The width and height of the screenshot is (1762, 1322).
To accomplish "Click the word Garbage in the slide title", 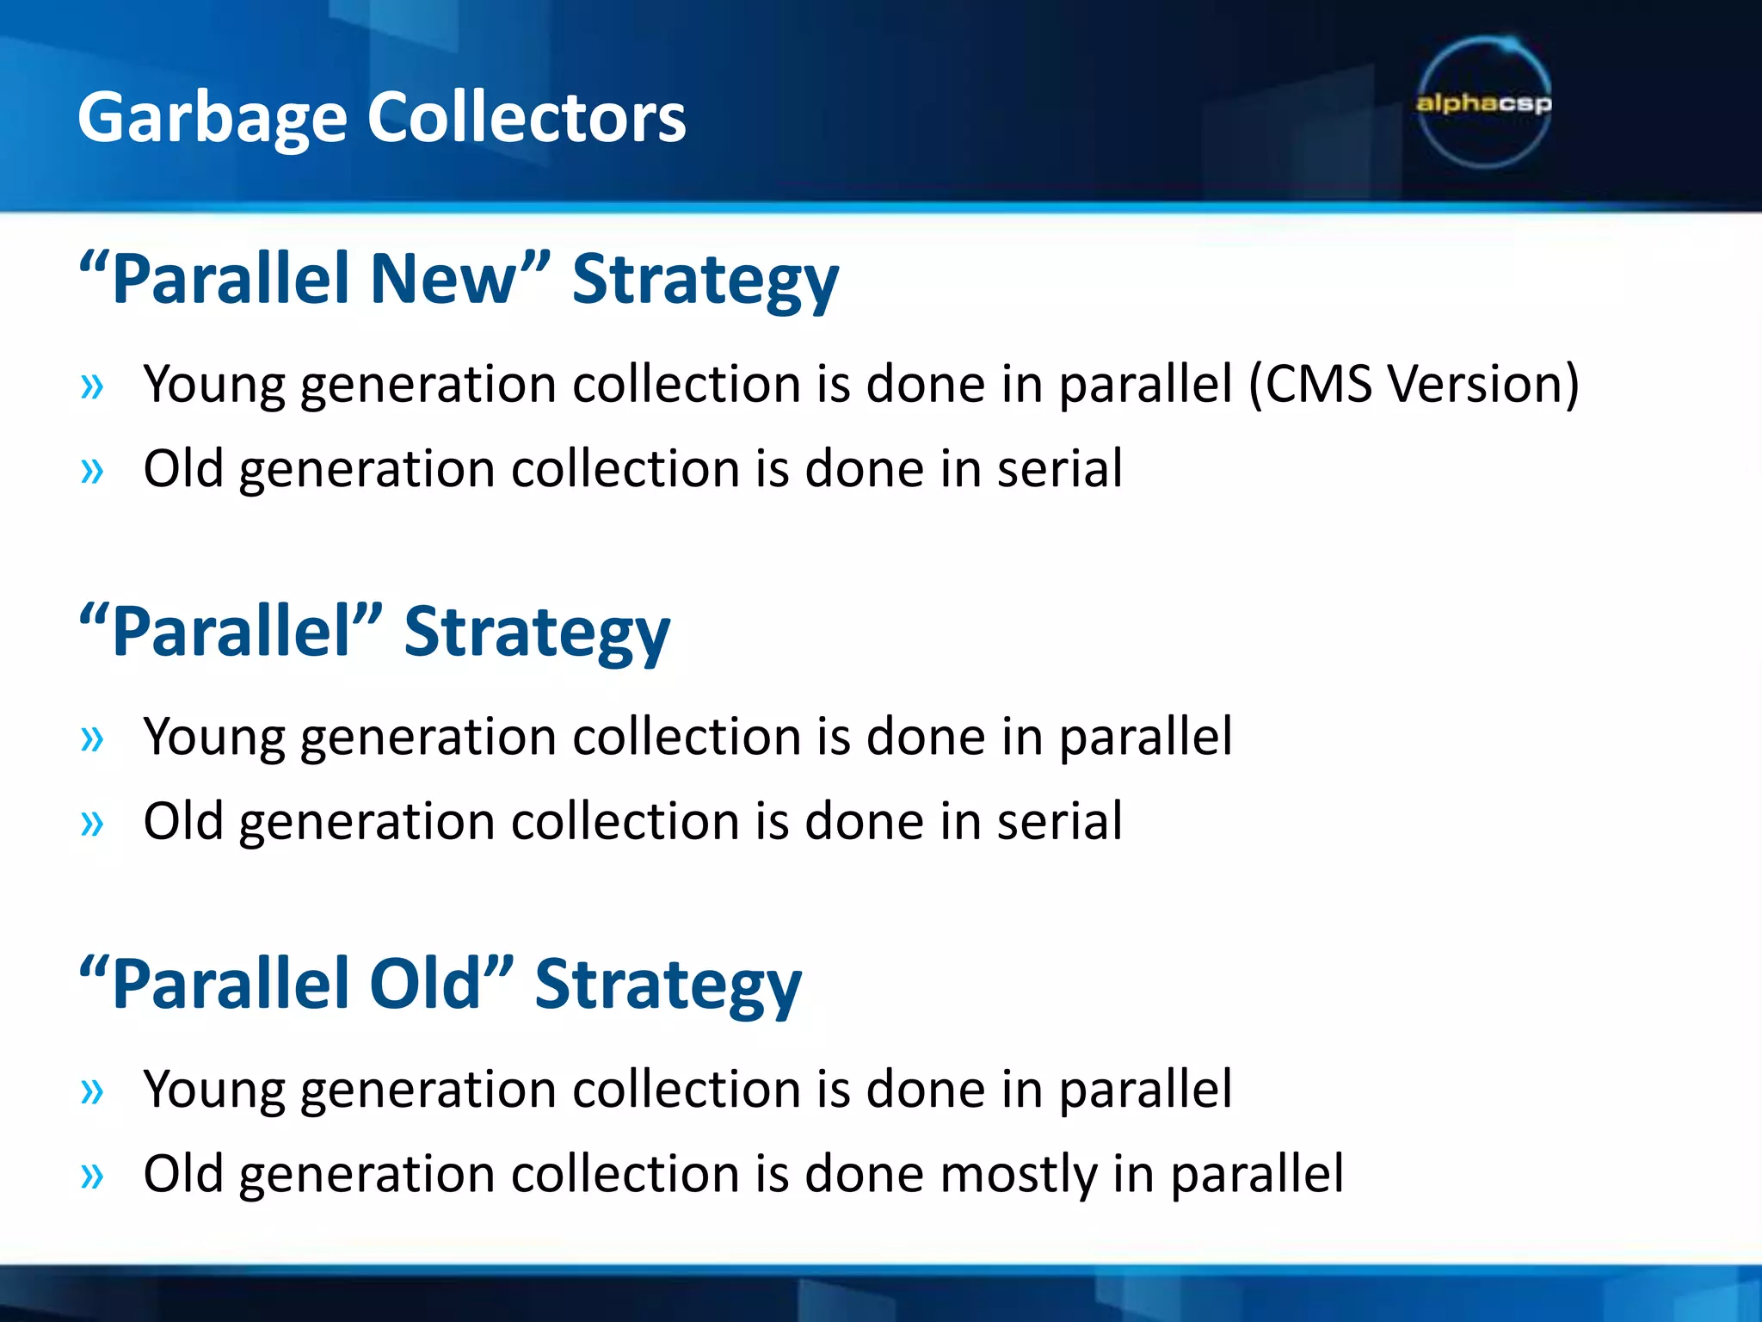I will [212, 119].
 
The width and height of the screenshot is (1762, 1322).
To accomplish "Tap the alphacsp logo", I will [1483, 103].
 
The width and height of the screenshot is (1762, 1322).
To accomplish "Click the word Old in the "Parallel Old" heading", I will [424, 984].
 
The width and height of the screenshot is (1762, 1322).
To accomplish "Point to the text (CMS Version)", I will [1414, 384].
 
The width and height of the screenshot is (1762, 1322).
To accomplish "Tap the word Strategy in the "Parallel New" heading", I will [705, 281].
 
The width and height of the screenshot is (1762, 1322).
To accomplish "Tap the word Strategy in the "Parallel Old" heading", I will [668, 985].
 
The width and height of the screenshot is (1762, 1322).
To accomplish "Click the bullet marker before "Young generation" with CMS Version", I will [91, 386].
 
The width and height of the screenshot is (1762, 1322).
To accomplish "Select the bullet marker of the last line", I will [91, 1176].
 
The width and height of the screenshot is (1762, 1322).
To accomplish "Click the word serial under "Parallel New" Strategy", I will [1059, 469].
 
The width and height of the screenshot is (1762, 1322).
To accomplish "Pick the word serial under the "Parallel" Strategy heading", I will [1059, 821].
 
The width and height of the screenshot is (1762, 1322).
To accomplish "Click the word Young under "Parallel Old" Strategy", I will [213, 1090].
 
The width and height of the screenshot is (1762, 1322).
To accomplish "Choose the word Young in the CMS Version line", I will [213, 384].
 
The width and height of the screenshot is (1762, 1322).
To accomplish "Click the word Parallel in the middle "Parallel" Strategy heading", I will [231, 632].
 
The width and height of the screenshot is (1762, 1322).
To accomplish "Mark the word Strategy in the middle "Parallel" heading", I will [536, 633].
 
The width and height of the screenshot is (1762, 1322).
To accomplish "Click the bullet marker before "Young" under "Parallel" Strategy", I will [91, 738].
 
